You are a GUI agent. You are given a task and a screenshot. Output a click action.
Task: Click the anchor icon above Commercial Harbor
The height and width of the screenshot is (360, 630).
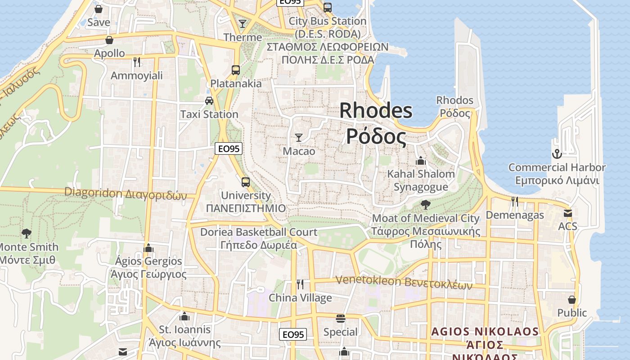click(557, 154)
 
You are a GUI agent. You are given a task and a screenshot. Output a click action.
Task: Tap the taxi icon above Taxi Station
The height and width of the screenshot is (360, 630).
click(209, 100)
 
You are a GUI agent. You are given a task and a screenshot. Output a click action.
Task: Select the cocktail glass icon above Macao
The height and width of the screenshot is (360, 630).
click(299, 137)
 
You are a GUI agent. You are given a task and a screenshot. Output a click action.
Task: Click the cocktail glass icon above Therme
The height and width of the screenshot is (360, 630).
click(243, 23)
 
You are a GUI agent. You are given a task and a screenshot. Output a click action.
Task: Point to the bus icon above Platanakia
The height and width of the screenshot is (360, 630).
click(236, 70)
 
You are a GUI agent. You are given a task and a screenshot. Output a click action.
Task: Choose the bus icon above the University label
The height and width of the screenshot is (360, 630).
click(246, 182)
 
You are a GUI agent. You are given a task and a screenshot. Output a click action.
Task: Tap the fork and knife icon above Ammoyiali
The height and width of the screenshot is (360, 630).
click(137, 62)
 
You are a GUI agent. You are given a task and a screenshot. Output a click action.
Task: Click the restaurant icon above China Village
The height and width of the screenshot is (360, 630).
click(300, 284)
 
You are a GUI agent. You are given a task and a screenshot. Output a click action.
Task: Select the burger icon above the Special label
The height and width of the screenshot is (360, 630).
click(340, 319)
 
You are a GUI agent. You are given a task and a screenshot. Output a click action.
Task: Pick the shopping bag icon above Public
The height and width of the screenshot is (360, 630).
click(572, 299)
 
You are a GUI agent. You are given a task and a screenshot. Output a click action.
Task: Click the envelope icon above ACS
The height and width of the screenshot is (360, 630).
click(568, 213)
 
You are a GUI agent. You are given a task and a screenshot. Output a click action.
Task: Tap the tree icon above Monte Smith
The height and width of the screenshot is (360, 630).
click(27, 233)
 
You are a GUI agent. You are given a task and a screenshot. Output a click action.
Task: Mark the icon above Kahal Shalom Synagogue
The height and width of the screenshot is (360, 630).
click(421, 160)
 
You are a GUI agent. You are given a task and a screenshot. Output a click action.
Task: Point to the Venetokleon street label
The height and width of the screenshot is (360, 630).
click(404, 282)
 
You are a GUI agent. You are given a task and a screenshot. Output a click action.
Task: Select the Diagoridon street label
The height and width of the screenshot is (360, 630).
click(125, 193)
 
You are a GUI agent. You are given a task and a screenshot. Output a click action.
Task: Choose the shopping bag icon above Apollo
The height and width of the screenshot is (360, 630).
click(109, 40)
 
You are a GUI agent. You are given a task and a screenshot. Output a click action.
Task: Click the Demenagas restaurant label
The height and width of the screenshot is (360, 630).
click(515, 215)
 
